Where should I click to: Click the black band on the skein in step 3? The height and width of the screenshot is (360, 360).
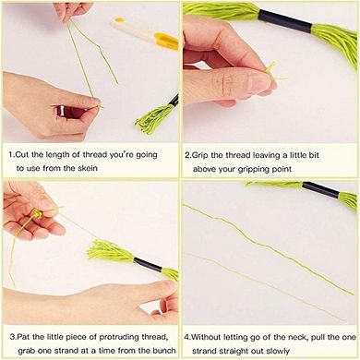[x=144, y=265]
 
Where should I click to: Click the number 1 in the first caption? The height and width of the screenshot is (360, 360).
[x=10, y=155]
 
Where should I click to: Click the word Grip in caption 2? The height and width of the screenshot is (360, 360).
[x=203, y=155]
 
